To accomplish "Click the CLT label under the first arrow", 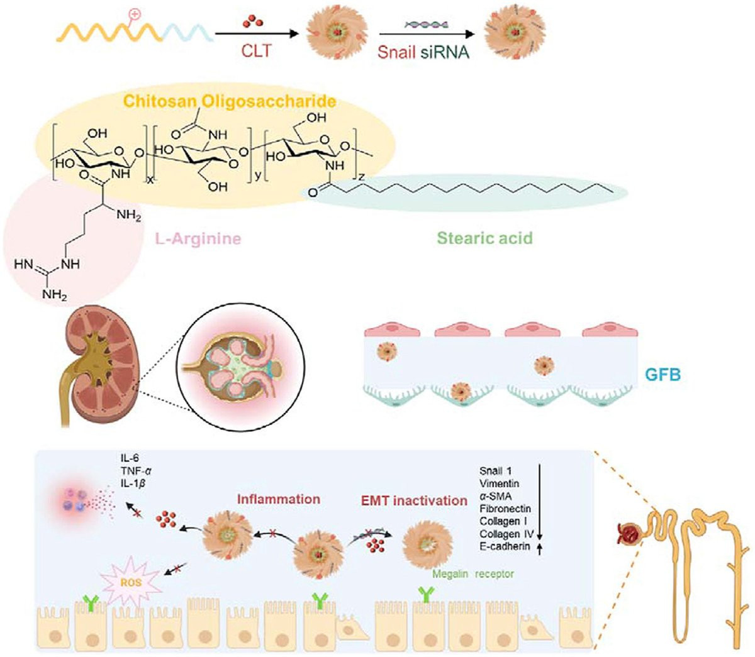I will [256, 50].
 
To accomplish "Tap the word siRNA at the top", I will [445, 52].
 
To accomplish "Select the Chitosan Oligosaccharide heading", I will [229, 101].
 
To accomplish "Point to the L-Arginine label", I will [199, 239].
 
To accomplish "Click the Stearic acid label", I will [484, 238].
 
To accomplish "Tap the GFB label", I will [663, 375].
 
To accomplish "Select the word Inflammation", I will [278, 499].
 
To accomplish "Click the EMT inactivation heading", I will [413, 500].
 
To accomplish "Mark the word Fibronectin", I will [505, 508].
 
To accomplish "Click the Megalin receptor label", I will [473, 573].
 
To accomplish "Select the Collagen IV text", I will [506, 534].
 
